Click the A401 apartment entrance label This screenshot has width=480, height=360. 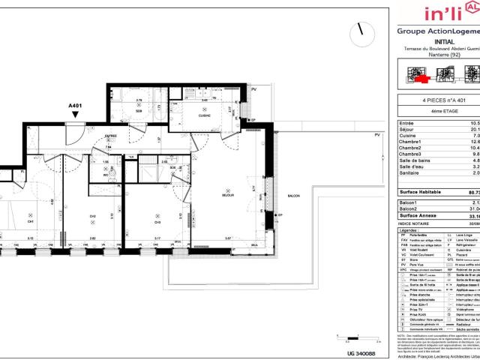click(74, 106)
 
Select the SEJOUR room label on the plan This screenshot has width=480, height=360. click(229, 195)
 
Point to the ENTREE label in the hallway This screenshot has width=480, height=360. click(111, 136)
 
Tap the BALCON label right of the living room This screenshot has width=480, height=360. click(292, 196)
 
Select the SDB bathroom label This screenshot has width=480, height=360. click(139, 111)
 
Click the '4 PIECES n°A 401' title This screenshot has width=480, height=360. click(439, 100)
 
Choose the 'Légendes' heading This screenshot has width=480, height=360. click(409, 209)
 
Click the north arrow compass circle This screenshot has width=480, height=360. click(363, 31)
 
